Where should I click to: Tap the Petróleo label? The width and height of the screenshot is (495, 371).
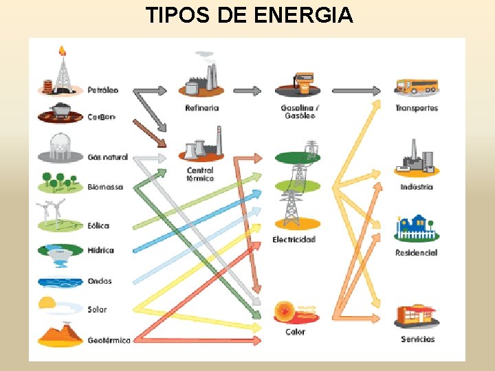point(102,90)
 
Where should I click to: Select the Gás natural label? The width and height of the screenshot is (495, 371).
point(108,157)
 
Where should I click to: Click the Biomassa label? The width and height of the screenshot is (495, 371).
point(105,187)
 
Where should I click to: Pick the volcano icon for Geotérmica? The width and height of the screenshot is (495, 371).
point(60,334)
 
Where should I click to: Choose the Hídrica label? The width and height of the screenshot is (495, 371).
point(100,251)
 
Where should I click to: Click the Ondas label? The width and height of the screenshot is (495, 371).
point(100,281)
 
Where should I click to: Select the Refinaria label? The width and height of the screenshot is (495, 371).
point(202,108)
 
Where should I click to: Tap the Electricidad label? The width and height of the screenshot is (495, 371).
point(294,240)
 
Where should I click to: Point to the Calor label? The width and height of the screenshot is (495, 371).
point(295,333)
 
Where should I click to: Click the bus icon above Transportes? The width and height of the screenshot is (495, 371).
point(417,87)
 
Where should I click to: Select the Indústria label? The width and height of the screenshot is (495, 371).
point(417,187)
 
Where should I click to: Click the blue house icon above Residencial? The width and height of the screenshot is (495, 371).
point(417,229)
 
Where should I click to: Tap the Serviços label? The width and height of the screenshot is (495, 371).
point(418,339)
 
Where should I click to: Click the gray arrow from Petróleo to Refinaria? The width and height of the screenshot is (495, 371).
point(150,91)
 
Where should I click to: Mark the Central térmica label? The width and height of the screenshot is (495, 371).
point(200,175)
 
